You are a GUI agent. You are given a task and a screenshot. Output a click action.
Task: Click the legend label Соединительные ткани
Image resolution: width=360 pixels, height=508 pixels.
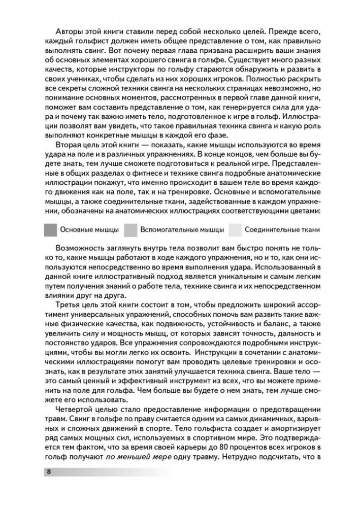pyautogui.click(x=282, y=230)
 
